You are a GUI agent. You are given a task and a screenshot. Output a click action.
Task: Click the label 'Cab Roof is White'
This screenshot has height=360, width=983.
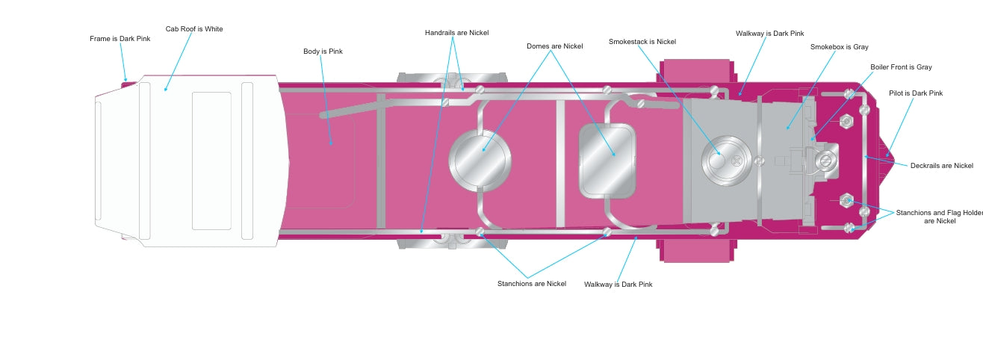[194, 29]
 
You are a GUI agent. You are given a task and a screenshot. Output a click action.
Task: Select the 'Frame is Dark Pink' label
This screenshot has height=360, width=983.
[120, 38]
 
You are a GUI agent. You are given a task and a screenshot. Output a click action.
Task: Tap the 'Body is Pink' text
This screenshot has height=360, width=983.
[323, 52]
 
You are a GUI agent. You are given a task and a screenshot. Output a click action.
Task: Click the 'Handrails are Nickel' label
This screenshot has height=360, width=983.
[456, 33]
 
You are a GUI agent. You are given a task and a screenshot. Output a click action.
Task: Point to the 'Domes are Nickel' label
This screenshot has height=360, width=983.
[554, 46]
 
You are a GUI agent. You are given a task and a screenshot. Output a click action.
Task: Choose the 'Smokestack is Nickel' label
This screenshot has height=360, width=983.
[642, 42]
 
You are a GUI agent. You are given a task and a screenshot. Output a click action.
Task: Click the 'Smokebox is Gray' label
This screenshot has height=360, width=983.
[839, 47]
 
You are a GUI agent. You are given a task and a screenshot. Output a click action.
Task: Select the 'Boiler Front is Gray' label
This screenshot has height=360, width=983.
[901, 67]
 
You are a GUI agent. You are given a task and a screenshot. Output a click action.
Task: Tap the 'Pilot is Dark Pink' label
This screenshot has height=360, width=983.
[916, 93]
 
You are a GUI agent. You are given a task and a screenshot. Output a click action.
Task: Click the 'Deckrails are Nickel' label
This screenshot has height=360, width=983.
[941, 166]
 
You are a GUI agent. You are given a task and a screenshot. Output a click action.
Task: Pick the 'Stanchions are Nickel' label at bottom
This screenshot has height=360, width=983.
[531, 284]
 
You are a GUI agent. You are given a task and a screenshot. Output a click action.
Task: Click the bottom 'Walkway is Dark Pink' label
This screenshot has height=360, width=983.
[618, 285]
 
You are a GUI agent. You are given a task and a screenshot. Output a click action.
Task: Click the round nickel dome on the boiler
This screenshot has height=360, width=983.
[480, 160]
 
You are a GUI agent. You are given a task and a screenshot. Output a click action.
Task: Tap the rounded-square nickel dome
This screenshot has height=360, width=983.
[607, 161]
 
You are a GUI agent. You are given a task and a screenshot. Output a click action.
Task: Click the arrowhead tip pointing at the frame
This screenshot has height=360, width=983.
[126, 81]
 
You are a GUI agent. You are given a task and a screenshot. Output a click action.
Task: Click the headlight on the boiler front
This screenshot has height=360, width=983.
[825, 160]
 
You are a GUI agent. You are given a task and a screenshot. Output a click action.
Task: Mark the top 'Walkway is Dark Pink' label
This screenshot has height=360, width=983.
[769, 34]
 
